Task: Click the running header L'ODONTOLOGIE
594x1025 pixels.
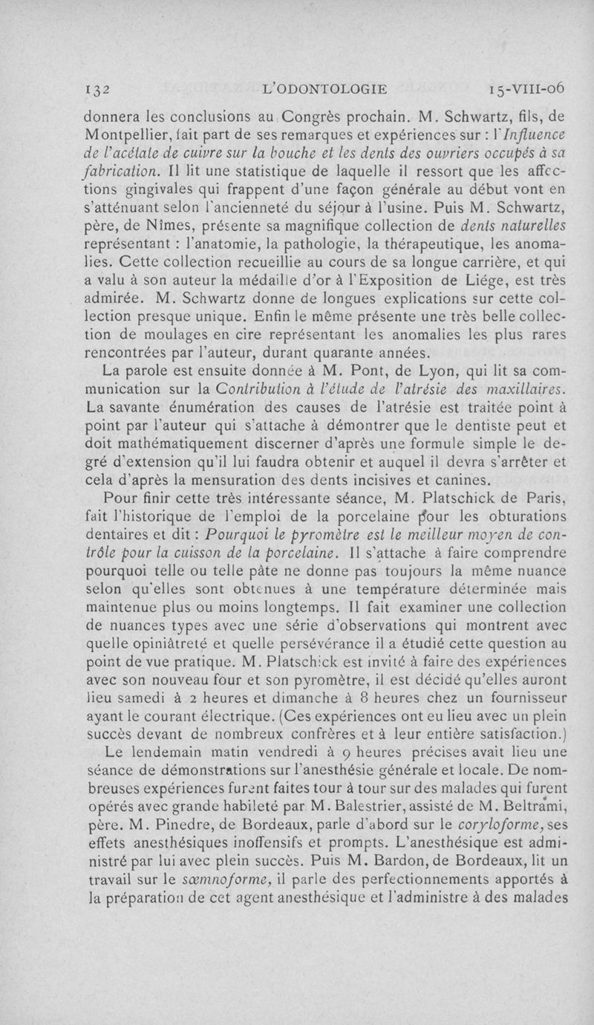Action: (x=325, y=89)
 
